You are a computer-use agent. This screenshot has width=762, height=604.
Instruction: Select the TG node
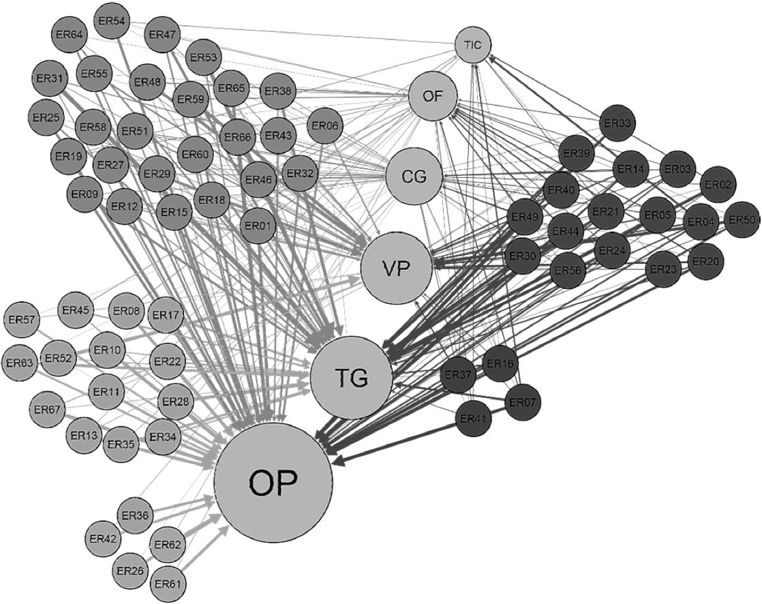coord(351,378)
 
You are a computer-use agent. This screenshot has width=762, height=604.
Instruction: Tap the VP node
coord(396,269)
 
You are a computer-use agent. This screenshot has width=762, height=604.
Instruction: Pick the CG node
coord(414,177)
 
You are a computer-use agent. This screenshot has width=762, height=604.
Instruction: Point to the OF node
coord(432,97)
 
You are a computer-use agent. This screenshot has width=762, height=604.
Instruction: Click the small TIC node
coord(473,45)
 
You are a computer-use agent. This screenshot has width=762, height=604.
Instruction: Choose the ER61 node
coord(167,584)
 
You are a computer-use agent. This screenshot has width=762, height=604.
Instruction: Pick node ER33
coord(618,124)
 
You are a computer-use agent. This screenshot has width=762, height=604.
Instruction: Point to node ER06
coord(326,125)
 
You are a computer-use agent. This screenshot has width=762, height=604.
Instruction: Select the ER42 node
coord(104,539)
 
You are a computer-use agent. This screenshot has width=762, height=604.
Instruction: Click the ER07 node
coord(523,402)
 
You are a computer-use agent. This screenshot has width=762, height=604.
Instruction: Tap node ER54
coord(111,21)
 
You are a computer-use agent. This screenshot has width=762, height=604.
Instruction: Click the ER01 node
coord(258,225)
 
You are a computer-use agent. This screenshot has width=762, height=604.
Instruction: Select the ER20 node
coord(706,262)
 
